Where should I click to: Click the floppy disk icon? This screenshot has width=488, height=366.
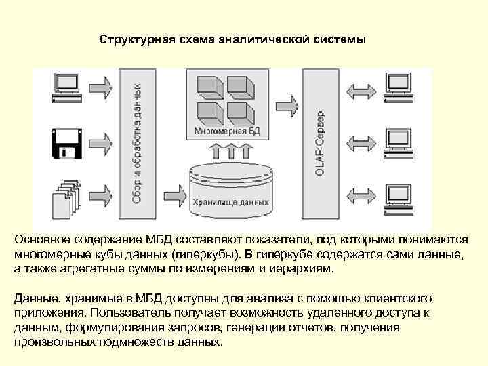pyautogui.click(x=67, y=142)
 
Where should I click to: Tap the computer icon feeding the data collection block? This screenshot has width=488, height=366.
pyautogui.click(x=67, y=87)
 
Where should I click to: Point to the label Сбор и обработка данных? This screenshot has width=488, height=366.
pyautogui.click(x=138, y=143)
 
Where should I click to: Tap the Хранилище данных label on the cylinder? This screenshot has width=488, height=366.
pyautogui.click(x=230, y=202)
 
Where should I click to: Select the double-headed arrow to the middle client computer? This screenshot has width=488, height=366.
pyautogui.click(x=360, y=142)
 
